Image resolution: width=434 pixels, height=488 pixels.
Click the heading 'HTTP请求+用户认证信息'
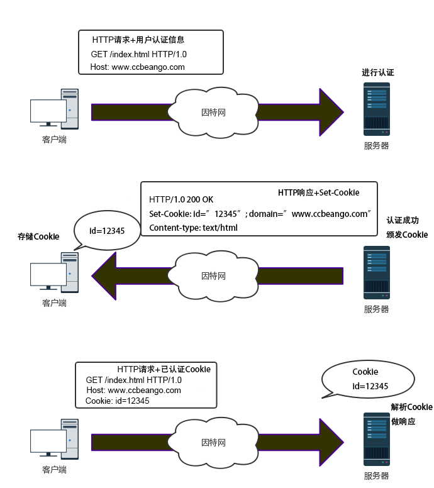click(x=138, y=40)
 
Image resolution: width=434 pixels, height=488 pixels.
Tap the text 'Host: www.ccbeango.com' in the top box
click(x=137, y=67)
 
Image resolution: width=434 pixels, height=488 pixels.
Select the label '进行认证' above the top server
click(x=377, y=72)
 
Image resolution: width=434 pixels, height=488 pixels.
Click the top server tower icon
click(x=377, y=109)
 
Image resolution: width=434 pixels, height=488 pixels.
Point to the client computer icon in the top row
click(x=55, y=109)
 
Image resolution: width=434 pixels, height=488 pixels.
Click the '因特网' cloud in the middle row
click(x=213, y=275)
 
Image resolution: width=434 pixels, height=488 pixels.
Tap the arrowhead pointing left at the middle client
click(x=104, y=275)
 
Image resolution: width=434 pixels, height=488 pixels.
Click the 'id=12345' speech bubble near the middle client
click(x=107, y=231)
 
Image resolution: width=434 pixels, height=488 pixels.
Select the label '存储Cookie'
click(x=38, y=236)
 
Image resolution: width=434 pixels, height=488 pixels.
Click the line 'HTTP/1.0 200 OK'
click(x=181, y=199)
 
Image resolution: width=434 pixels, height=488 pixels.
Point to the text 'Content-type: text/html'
click(x=193, y=228)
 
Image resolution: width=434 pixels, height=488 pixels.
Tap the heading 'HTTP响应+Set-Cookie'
click(x=318, y=192)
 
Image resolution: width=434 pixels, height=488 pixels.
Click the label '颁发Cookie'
click(x=407, y=235)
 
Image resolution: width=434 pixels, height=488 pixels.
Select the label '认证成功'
click(x=403, y=220)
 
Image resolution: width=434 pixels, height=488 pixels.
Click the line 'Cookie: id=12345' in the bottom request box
click(x=118, y=401)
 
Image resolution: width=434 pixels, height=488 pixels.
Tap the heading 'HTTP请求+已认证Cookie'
click(x=164, y=369)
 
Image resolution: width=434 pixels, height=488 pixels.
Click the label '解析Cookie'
click(x=411, y=407)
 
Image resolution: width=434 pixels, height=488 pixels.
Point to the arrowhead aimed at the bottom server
click(x=331, y=442)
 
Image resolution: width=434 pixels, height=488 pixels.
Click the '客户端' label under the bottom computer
click(x=55, y=470)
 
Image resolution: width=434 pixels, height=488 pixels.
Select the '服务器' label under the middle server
click(x=376, y=309)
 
